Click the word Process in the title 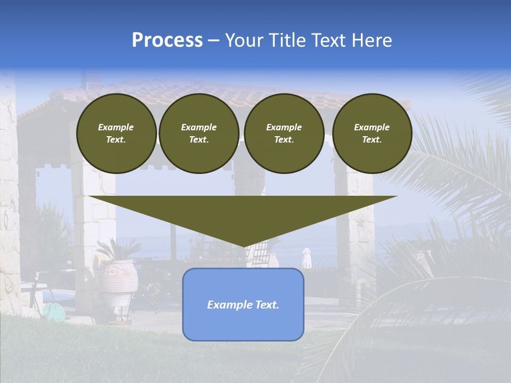(x=167, y=40)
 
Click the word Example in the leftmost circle (x=116, y=127)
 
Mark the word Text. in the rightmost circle (x=372, y=140)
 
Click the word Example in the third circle (x=284, y=127)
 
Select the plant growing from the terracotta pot (x=118, y=249)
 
